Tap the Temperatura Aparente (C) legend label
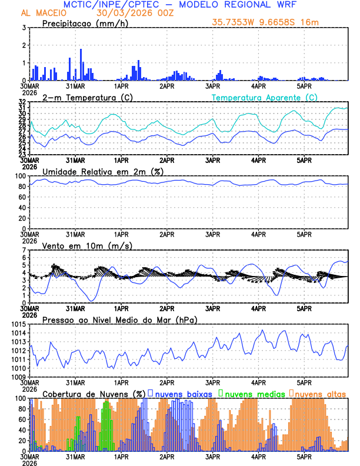click(x=265, y=97)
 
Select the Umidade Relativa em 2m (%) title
click(x=102, y=171)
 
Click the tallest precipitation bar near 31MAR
click(x=81, y=65)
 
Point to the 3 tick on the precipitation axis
click(x=24, y=28)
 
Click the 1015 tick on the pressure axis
click(x=19, y=324)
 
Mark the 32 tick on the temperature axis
click(x=22, y=102)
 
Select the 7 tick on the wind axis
click(x=24, y=250)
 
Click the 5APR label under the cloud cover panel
click(x=304, y=456)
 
